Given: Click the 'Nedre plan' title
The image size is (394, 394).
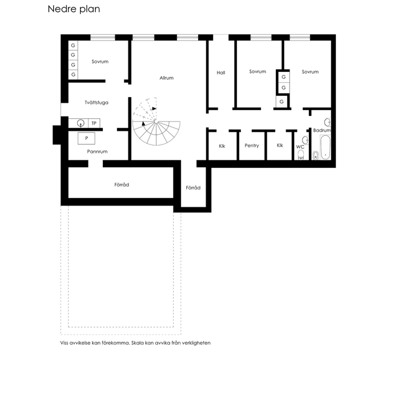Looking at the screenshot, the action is coord(74,9).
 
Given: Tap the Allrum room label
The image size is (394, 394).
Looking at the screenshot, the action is coord(166,78).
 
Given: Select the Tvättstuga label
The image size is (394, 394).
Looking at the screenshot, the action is coord(97,103).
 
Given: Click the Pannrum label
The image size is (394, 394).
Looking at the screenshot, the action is coord(97,151).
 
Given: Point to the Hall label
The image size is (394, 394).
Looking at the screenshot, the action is coord(221,73).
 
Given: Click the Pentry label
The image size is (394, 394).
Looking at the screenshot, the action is coord(251,146).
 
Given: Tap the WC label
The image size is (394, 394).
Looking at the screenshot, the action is coord(300,147).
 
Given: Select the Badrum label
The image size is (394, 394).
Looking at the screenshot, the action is coord(322,130).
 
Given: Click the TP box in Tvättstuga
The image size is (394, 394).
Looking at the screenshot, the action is coord(94,123).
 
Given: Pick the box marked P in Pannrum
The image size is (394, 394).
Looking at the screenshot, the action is coord(86,138).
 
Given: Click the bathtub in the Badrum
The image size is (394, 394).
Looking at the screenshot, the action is coord(325,147).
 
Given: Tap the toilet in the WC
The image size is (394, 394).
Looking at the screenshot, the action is coord(301,155).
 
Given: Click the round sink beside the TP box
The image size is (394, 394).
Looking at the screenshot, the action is coord(81,123).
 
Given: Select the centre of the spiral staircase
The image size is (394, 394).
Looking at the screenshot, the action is coord(156,122).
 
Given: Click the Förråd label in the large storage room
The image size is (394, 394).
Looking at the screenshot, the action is coord(122,184).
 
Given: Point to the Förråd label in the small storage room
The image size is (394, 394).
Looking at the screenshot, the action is coord(193,188).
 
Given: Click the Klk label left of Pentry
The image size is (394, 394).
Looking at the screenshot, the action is coord(222,146).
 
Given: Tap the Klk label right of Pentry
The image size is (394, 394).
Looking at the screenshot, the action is coord(280,145).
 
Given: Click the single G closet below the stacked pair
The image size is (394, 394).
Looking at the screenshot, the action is coord(282,102).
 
